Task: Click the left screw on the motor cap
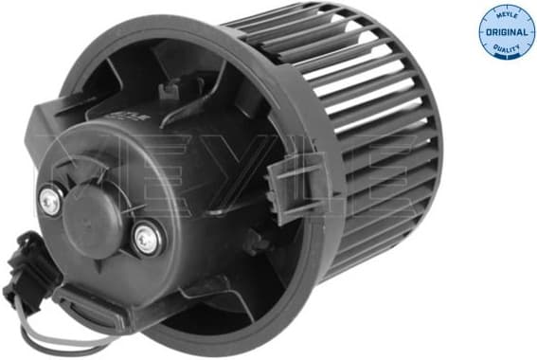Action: (50, 199)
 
